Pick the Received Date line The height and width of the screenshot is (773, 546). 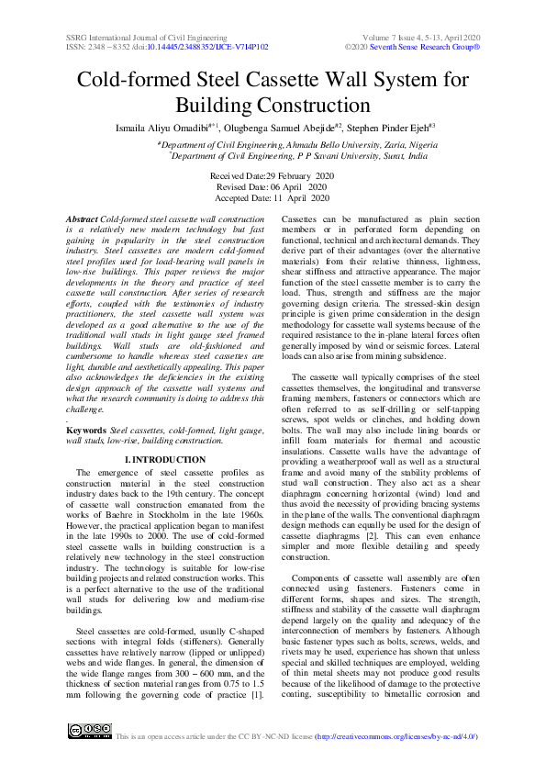click(x=273, y=174)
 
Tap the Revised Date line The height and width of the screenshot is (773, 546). click(x=273, y=185)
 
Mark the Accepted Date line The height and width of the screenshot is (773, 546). click(x=273, y=196)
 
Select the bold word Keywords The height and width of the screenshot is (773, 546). click(x=87, y=430)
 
